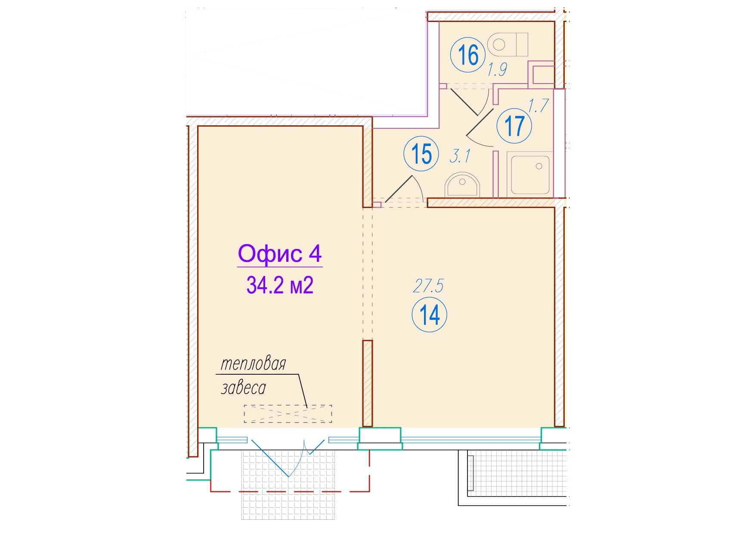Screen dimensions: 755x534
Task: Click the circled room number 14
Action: pos(429,315)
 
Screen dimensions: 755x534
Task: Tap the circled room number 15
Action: pos(421,154)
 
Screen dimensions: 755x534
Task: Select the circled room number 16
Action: pos(468,55)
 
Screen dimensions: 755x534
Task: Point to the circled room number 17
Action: pos(514,126)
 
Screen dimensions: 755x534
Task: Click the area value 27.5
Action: pos(428,286)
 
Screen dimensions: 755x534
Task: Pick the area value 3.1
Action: pos(460,156)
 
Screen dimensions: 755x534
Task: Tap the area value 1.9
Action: pos(497,69)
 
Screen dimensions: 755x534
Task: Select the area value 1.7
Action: pos(538,106)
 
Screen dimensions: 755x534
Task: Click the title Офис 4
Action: pos(280,254)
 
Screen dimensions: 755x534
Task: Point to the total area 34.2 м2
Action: pos(280,285)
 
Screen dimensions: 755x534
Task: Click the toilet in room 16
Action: pos(507,44)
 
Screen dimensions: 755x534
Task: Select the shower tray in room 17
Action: pos(530,175)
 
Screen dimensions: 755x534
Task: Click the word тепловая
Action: pos(253,364)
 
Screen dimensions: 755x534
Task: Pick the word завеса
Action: pos(243,388)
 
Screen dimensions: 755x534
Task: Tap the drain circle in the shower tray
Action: pos(539,166)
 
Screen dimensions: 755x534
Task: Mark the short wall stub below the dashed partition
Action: pos(367,383)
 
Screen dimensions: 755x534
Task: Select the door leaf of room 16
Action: pos(464,102)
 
